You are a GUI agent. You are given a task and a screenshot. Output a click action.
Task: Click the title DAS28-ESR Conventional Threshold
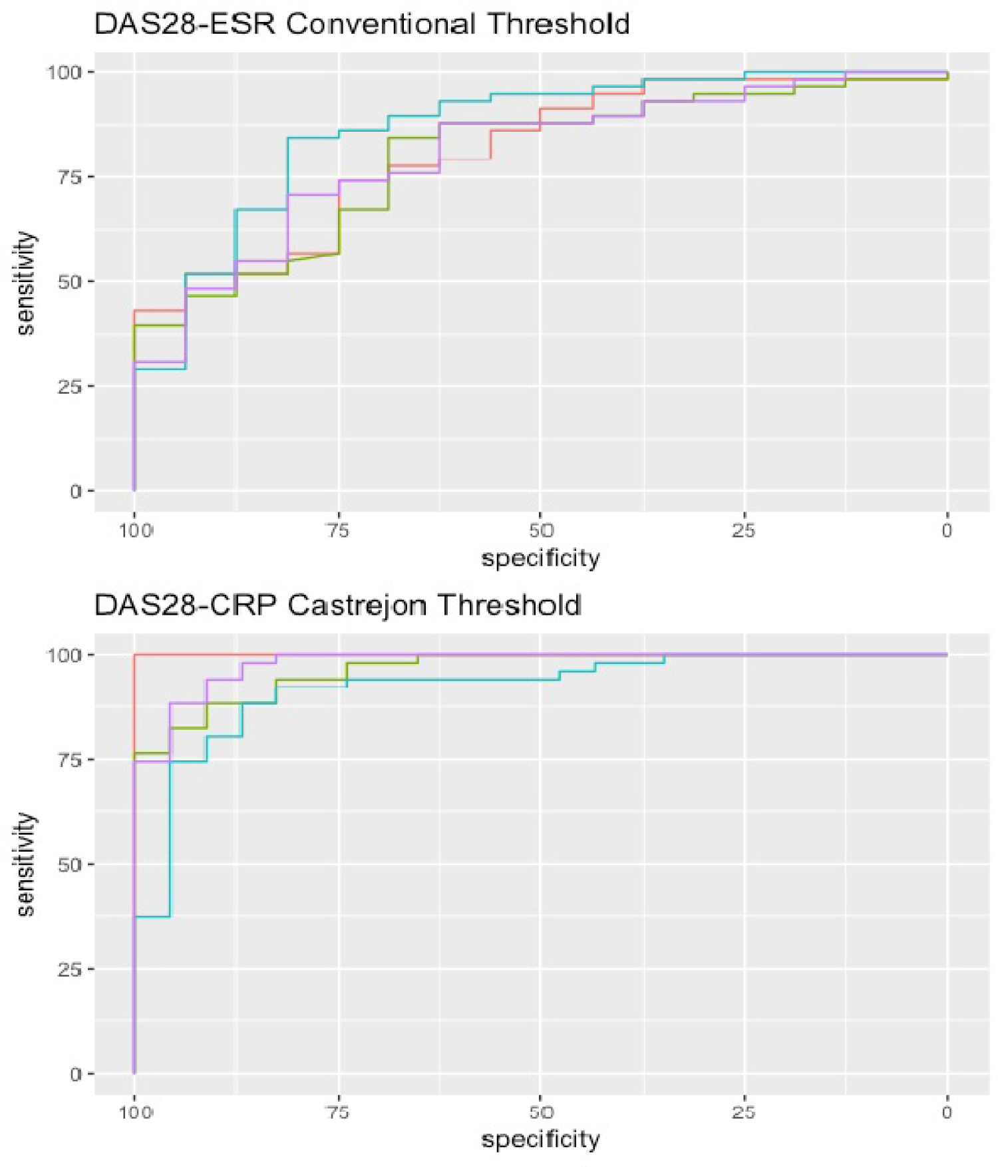coord(362,25)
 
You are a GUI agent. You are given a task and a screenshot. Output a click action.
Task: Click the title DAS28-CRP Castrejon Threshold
coord(338,605)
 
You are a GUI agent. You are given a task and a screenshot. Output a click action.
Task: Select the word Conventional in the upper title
coord(381,25)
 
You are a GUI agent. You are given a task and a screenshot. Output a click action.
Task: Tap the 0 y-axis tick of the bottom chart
coord(76,1075)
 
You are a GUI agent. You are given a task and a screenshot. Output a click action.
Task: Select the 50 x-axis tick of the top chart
coord(541,530)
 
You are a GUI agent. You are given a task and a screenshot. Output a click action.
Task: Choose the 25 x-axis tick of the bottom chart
coord(744,1112)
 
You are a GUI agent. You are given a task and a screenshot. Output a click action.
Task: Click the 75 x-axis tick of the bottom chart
coord(338,1112)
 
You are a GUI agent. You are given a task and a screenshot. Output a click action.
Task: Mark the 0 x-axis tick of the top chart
coord(947,530)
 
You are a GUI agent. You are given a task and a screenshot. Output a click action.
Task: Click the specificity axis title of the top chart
coord(540,558)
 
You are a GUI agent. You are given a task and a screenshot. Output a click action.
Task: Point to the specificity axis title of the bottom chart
coord(540,1140)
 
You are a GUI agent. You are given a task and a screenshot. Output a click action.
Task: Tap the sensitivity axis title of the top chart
coord(25,283)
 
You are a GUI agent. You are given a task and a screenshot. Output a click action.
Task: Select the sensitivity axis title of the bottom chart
coord(25,864)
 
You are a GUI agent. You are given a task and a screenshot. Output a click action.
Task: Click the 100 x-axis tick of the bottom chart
coord(136,1112)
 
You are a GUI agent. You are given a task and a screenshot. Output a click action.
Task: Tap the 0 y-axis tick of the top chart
coord(76,492)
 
